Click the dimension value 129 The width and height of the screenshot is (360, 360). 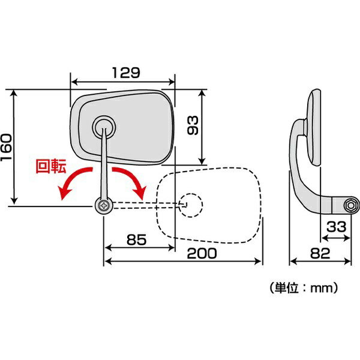coord(126,73)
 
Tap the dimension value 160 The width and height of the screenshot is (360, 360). coord(6,148)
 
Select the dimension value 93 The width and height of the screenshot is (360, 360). coord(193,125)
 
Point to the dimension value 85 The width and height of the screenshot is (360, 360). coord(137,239)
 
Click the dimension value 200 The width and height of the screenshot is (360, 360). coord(202,253)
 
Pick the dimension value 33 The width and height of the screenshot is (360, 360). coord(337,227)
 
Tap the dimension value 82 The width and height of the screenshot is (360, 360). coord(320,253)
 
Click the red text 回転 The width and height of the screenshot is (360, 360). coord(51,166)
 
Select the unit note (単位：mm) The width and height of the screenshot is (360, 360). coord(304,288)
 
